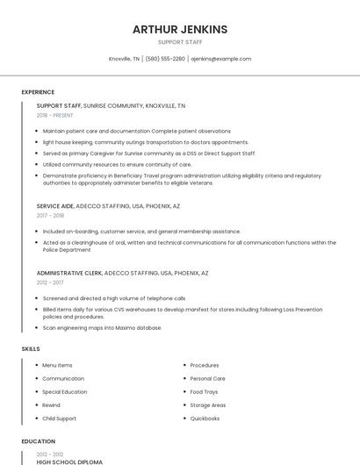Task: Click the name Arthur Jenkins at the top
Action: point(179,29)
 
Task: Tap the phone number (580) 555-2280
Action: point(165,59)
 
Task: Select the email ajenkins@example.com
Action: point(221,59)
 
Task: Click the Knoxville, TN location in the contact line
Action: point(124,59)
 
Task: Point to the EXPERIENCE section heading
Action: point(38,92)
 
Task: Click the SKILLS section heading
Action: point(31,348)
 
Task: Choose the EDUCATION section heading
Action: point(38,441)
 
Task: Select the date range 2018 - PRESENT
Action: point(55,115)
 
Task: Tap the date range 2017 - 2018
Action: point(50,215)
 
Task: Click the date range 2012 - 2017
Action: point(50,283)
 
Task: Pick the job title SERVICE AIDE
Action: point(55,206)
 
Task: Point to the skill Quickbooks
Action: point(205,418)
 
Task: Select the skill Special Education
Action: point(64,391)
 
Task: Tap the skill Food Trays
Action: point(204,391)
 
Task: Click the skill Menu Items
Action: point(57,365)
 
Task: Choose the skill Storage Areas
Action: point(207,405)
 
